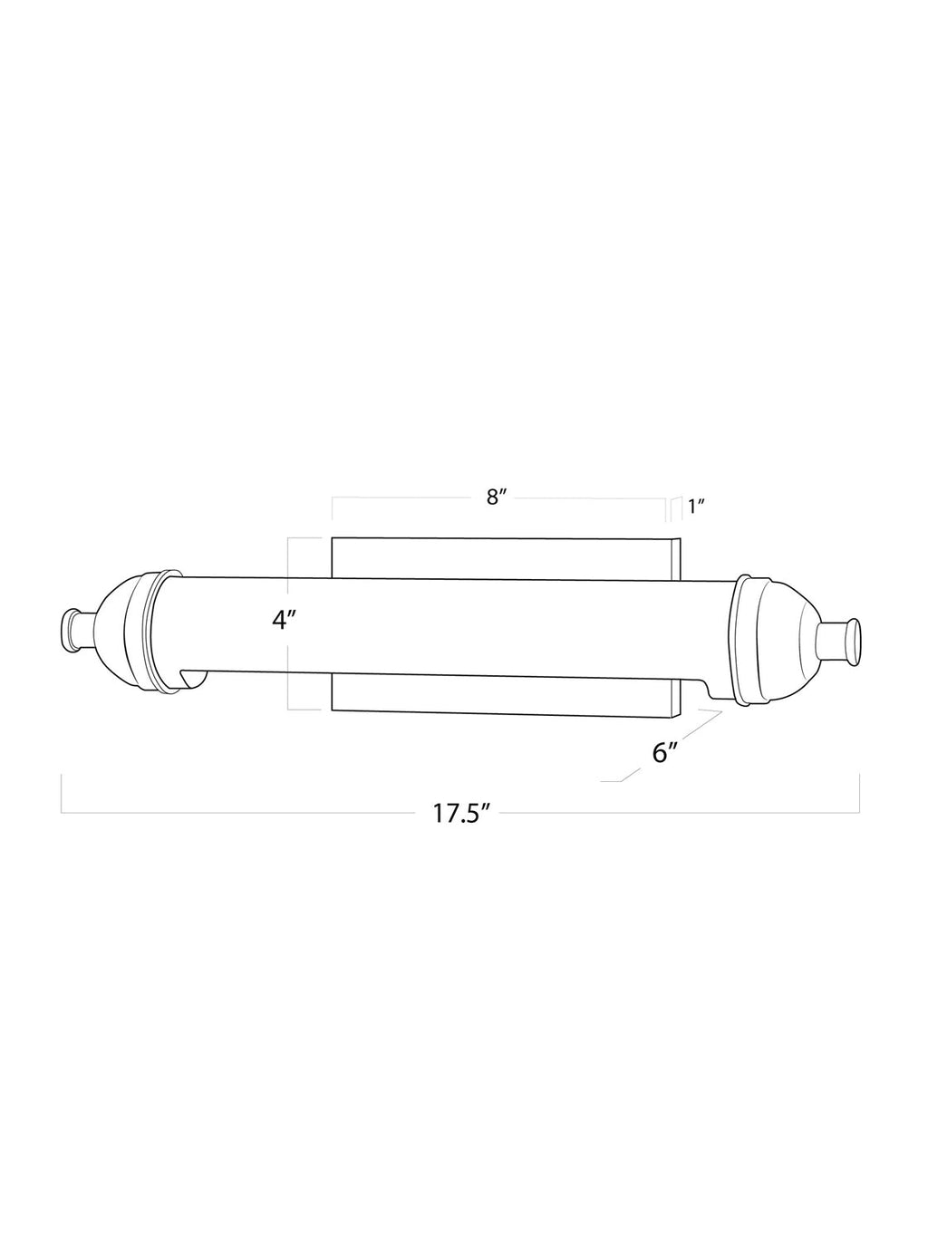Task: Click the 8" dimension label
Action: pyautogui.click(x=498, y=497)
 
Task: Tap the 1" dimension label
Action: pyautogui.click(x=696, y=507)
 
